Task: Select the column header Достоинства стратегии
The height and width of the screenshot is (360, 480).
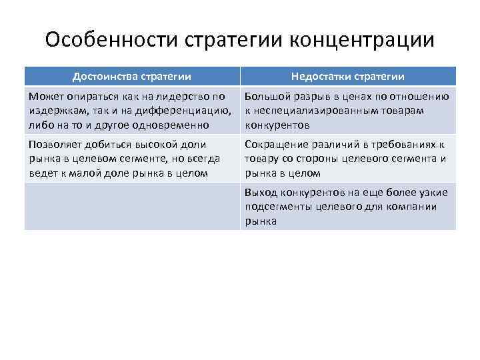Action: tap(131, 76)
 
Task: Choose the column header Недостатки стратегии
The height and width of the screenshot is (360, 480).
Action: tap(347, 76)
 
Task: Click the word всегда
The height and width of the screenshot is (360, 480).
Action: tap(208, 159)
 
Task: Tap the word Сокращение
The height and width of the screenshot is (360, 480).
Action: tap(274, 145)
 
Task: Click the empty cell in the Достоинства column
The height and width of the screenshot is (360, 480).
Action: tap(131, 207)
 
